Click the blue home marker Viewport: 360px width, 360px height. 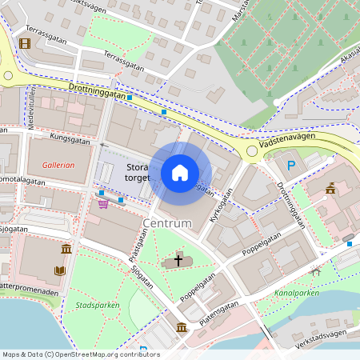[x=180, y=173]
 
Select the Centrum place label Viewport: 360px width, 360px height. [x=167, y=222]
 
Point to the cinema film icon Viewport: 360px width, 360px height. [x=25, y=42]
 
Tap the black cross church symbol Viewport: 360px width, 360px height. [x=178, y=260]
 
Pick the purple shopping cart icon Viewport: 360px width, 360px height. [x=103, y=203]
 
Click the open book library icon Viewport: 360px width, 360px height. [x=60, y=270]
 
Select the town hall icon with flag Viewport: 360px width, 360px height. [x=330, y=189]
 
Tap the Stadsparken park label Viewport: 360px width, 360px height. [x=91, y=305]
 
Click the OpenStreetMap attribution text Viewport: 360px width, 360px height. [x=81, y=354]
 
